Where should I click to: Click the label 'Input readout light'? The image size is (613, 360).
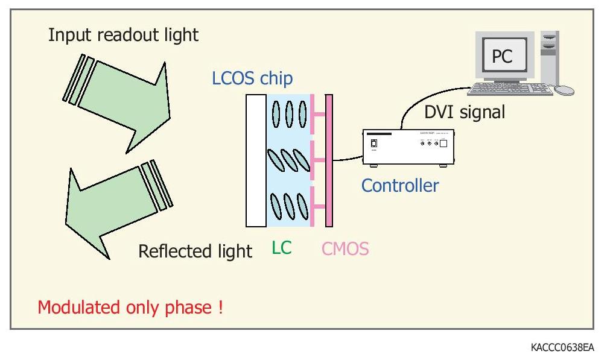pyautogui.click(x=123, y=35)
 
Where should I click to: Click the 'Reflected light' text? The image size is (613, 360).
pyautogui.click(x=195, y=251)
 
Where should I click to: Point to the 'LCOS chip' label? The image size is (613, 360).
pyautogui.click(x=252, y=78)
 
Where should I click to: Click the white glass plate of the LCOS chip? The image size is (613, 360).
pyautogui.click(x=256, y=160)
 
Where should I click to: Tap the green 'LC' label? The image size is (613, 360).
pyautogui.click(x=281, y=248)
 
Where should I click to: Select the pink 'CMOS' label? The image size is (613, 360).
pyautogui.click(x=345, y=248)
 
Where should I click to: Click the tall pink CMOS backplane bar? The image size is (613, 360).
pyautogui.click(x=329, y=160)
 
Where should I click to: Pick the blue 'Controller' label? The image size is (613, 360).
pyautogui.click(x=400, y=185)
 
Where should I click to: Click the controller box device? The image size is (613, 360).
pyautogui.click(x=408, y=148)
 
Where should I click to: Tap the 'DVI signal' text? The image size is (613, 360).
pyautogui.click(x=465, y=112)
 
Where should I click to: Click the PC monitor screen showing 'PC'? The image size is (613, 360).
pyautogui.click(x=502, y=57)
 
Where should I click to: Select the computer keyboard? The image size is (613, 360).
pyautogui.click(x=510, y=89)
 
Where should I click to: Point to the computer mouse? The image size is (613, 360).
pyautogui.click(x=564, y=90)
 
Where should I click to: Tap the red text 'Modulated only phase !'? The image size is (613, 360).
pyautogui.click(x=130, y=307)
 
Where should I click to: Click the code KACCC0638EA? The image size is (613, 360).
pyautogui.click(x=562, y=347)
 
